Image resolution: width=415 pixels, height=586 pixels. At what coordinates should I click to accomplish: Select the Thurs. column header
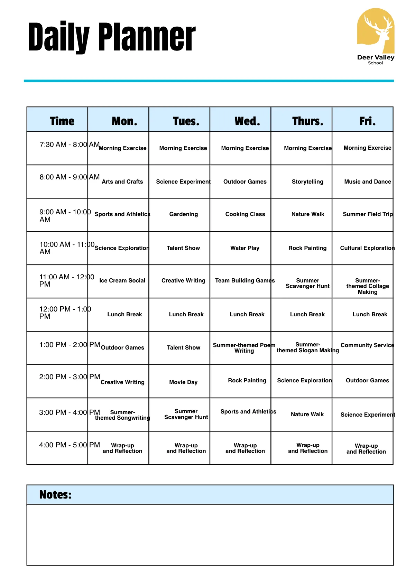pyautogui.click(x=307, y=121)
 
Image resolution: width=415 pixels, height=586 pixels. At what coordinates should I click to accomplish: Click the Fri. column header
pyautogui.click(x=367, y=121)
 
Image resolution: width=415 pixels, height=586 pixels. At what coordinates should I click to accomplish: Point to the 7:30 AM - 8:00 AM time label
pyautogui.click(x=69, y=145)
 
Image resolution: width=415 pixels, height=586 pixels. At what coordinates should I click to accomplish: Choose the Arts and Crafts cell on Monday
pyautogui.click(x=122, y=182)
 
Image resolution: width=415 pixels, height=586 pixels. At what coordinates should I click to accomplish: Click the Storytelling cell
pyautogui.click(x=307, y=182)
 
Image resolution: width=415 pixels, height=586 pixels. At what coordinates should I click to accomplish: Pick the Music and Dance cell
pyautogui.click(x=368, y=182)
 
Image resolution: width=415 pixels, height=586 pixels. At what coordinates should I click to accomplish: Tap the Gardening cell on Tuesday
pyautogui.click(x=183, y=214)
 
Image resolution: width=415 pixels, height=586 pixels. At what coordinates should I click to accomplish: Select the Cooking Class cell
pyautogui.click(x=245, y=214)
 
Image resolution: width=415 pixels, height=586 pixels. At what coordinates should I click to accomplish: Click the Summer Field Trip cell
pyautogui.click(x=368, y=214)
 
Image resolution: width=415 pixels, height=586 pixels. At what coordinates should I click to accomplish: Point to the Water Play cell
pyautogui.click(x=245, y=248)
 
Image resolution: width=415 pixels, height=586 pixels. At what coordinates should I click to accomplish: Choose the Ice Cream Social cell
pyautogui.click(x=122, y=280)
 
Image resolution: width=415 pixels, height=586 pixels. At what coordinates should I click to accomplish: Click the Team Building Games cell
pyautogui.click(x=245, y=280)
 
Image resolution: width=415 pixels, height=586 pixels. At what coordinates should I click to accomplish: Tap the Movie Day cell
pyautogui.click(x=183, y=382)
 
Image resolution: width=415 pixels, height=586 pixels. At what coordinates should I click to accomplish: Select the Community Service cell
pyautogui.click(x=367, y=345)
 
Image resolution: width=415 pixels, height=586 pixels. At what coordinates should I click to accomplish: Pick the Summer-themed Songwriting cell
pyautogui.click(x=122, y=415)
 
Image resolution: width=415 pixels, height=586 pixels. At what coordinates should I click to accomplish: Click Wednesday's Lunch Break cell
pyautogui.click(x=247, y=314)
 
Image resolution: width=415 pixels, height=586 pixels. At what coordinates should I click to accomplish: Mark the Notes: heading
pyautogui.click(x=55, y=494)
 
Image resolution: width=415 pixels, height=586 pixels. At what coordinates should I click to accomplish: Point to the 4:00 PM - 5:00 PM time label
pyautogui.click(x=69, y=445)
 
